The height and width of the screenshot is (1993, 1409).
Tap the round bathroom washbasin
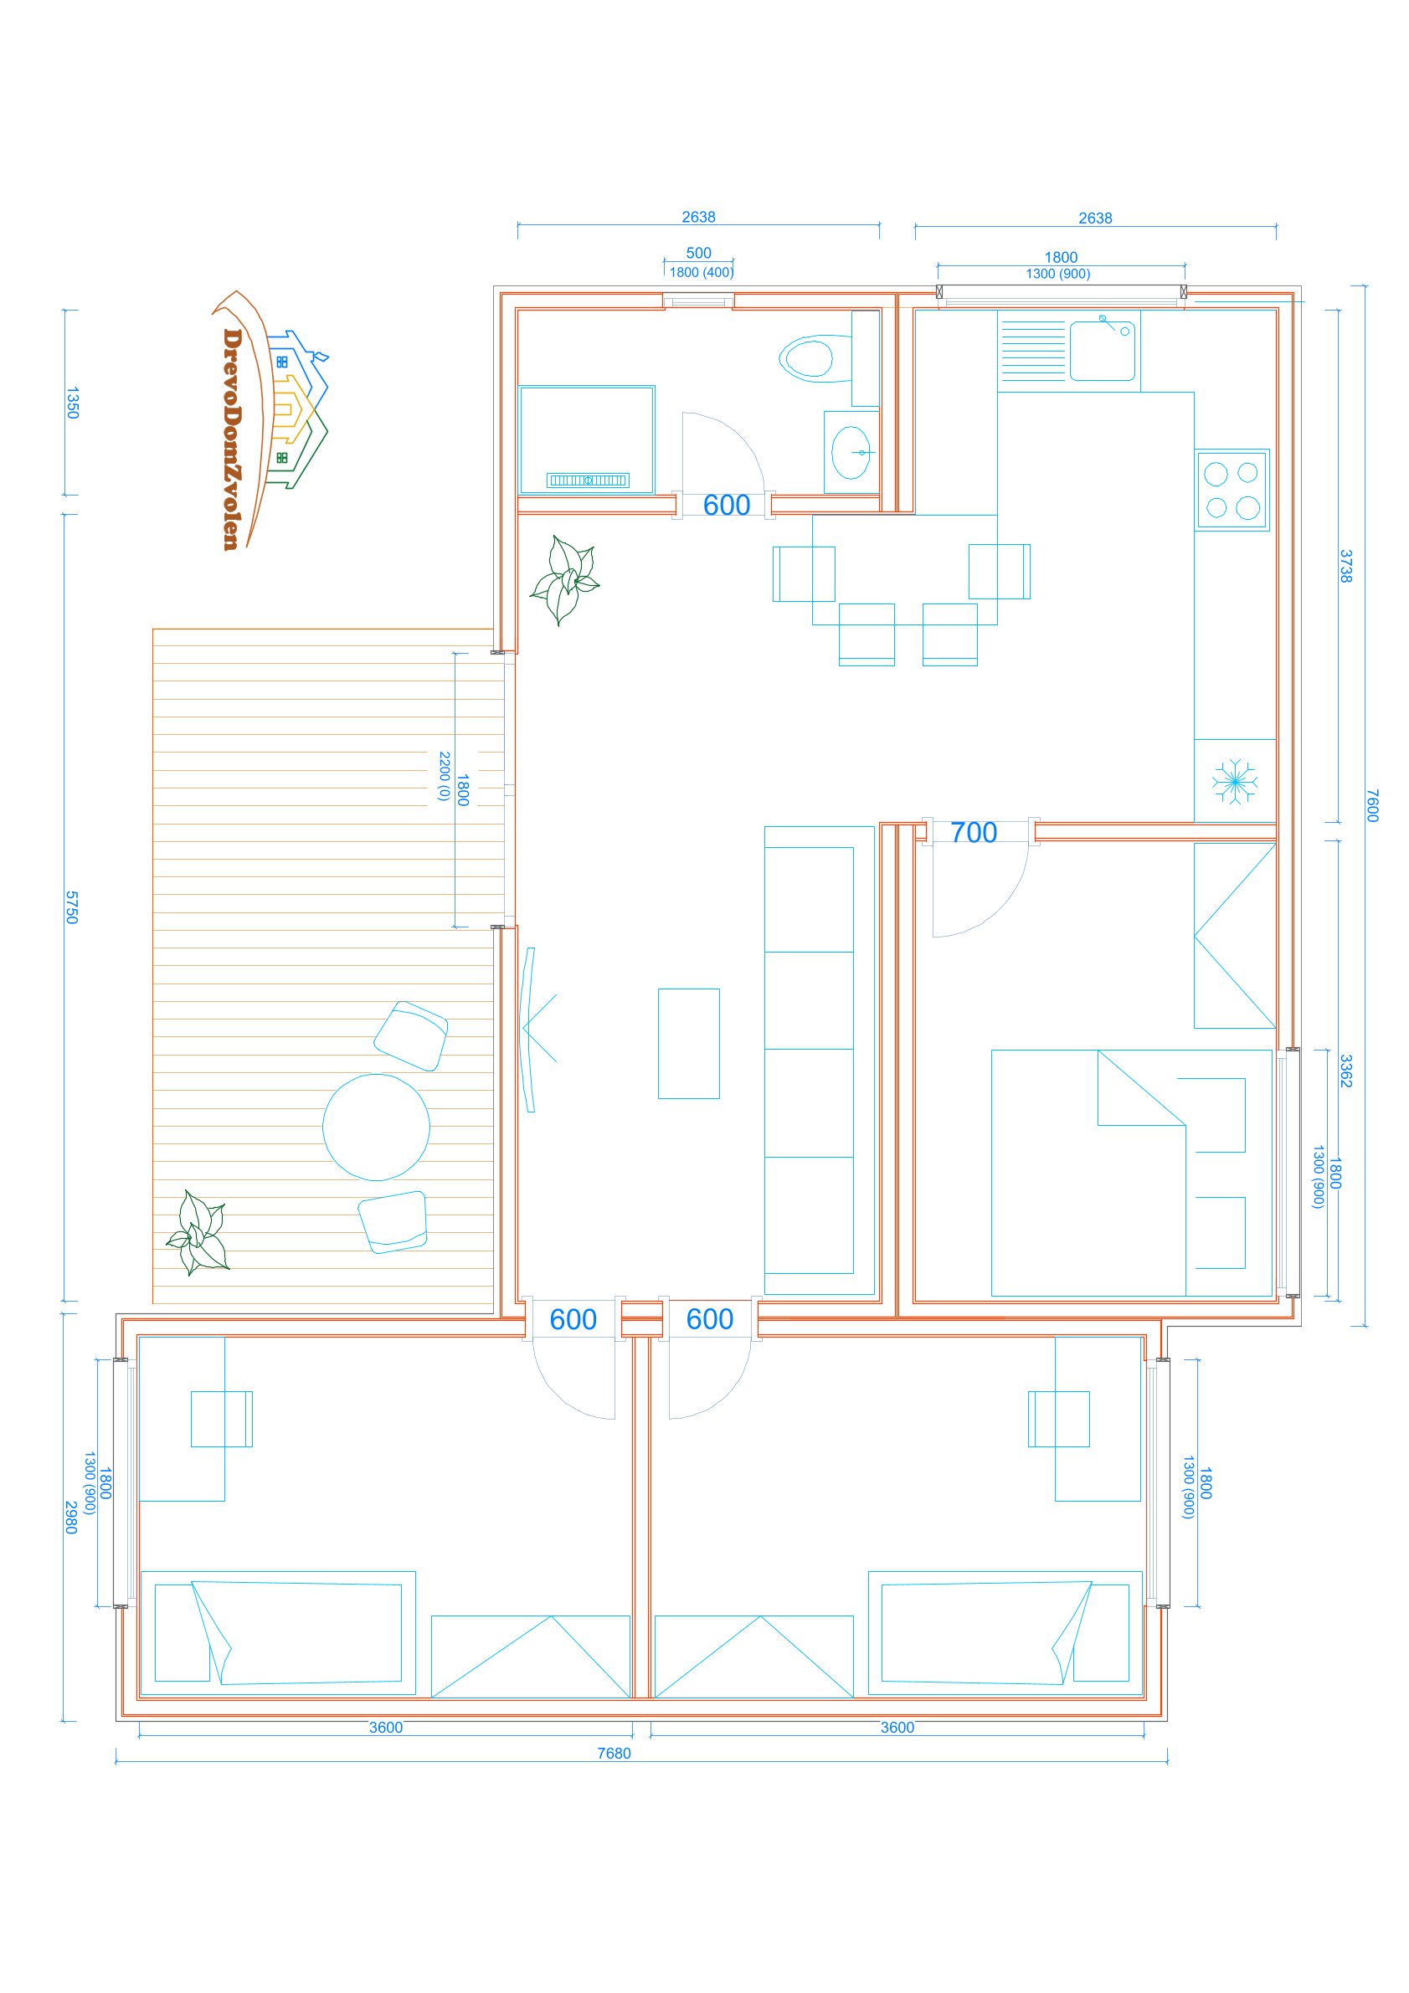pyautogui.click(x=851, y=452)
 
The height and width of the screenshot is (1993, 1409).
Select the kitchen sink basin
pyautogui.click(x=1102, y=351)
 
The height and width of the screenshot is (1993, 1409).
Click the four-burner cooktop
pyautogui.click(x=1232, y=490)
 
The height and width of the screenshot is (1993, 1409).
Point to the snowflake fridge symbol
pyautogui.click(x=1234, y=781)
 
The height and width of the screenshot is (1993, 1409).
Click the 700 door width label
pyautogui.click(x=973, y=833)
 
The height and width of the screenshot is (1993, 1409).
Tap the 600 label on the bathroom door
pyautogui.click(x=727, y=506)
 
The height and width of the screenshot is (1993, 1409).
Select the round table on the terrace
pyautogui.click(x=376, y=1127)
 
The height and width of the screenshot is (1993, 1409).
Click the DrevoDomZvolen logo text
pyautogui.click(x=231, y=439)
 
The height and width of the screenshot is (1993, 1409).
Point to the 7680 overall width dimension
pyautogui.click(x=614, y=1753)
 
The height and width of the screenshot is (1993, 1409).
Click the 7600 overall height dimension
pyautogui.click(x=1372, y=805)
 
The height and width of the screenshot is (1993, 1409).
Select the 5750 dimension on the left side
pyautogui.click(x=72, y=907)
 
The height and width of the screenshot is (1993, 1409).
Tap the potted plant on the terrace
pyautogui.click(x=198, y=1233)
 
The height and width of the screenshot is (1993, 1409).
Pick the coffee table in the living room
pyautogui.click(x=688, y=1043)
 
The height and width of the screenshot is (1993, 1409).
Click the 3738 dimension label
pyautogui.click(x=1345, y=566)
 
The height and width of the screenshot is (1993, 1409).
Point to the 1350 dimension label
pyautogui.click(x=72, y=403)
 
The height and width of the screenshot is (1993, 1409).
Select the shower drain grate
pyautogui.click(x=587, y=480)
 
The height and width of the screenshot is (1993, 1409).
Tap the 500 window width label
pyautogui.click(x=699, y=253)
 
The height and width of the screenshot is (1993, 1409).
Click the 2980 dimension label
pyautogui.click(x=71, y=1518)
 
